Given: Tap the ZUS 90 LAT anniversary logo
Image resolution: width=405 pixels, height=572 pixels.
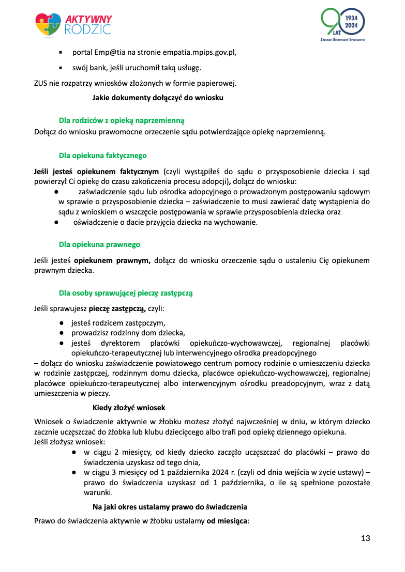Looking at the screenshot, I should point(343,25).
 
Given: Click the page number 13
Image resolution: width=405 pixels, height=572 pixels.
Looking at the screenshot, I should point(365,538).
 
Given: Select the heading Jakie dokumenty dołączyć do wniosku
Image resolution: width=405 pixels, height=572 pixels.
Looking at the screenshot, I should point(158,97).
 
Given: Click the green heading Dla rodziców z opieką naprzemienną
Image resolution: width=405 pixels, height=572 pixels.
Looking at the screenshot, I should point(122,120).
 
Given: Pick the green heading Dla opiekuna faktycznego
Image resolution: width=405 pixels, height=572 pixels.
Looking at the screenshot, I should point(103,155).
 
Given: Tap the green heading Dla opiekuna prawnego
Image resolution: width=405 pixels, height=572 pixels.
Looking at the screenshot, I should point(99,244).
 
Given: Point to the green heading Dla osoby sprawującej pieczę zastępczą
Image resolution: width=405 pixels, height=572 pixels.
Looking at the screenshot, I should point(126,293).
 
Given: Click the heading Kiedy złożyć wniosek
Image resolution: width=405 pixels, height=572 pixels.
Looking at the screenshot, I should point(129,408).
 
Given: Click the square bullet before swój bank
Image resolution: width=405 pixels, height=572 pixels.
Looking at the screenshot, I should point(61,68).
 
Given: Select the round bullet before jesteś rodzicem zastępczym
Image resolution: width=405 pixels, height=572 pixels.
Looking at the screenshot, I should point(61,322).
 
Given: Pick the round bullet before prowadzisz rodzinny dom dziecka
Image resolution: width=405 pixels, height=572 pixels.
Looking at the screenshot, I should point(61,333).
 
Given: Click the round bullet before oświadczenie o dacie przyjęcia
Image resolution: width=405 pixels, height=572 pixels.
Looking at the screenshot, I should point(55,222).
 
